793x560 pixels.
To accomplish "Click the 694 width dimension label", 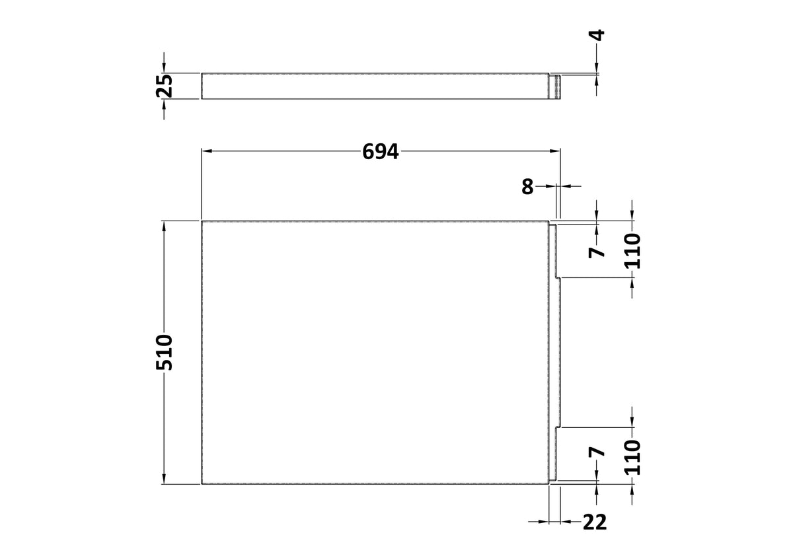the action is coord(380,151).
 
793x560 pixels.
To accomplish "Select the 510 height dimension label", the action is coord(165,352).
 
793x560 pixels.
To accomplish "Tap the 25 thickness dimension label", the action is coord(165,86).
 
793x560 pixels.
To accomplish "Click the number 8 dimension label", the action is coord(527,186).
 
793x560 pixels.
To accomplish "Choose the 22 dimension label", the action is coord(594,522).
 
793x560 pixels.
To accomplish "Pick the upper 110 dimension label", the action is coord(632,251).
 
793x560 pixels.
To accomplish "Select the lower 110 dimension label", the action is coord(632,457).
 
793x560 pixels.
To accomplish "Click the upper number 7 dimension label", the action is coord(597,252).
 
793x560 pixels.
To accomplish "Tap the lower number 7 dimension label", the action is coord(597,452).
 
